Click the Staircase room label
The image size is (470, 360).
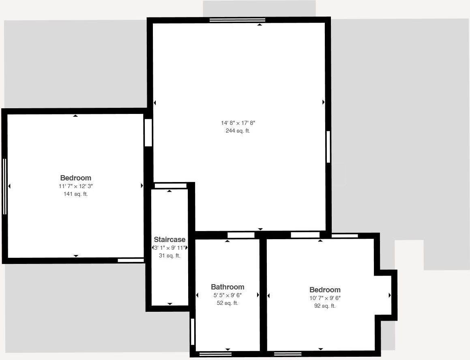170,240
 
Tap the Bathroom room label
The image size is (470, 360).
227,287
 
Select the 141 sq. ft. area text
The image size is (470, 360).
76,194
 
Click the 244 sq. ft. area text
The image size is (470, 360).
238,131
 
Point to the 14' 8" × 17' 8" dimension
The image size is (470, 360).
238,123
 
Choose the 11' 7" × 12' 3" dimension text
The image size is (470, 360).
76,186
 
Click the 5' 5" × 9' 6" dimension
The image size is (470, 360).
227,295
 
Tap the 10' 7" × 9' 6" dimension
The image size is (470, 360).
325,298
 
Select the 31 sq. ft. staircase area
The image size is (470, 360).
170,256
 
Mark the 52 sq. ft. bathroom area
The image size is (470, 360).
227,303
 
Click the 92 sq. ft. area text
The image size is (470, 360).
325,306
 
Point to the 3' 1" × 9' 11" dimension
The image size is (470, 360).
170,248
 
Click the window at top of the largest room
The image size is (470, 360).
237,20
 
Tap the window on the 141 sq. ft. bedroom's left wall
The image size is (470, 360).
5,186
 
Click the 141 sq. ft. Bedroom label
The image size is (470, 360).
76,178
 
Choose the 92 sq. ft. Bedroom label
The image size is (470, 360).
325,290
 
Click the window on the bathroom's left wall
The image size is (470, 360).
193,332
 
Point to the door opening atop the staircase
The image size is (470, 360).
170,186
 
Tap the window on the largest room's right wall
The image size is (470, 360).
328,147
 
